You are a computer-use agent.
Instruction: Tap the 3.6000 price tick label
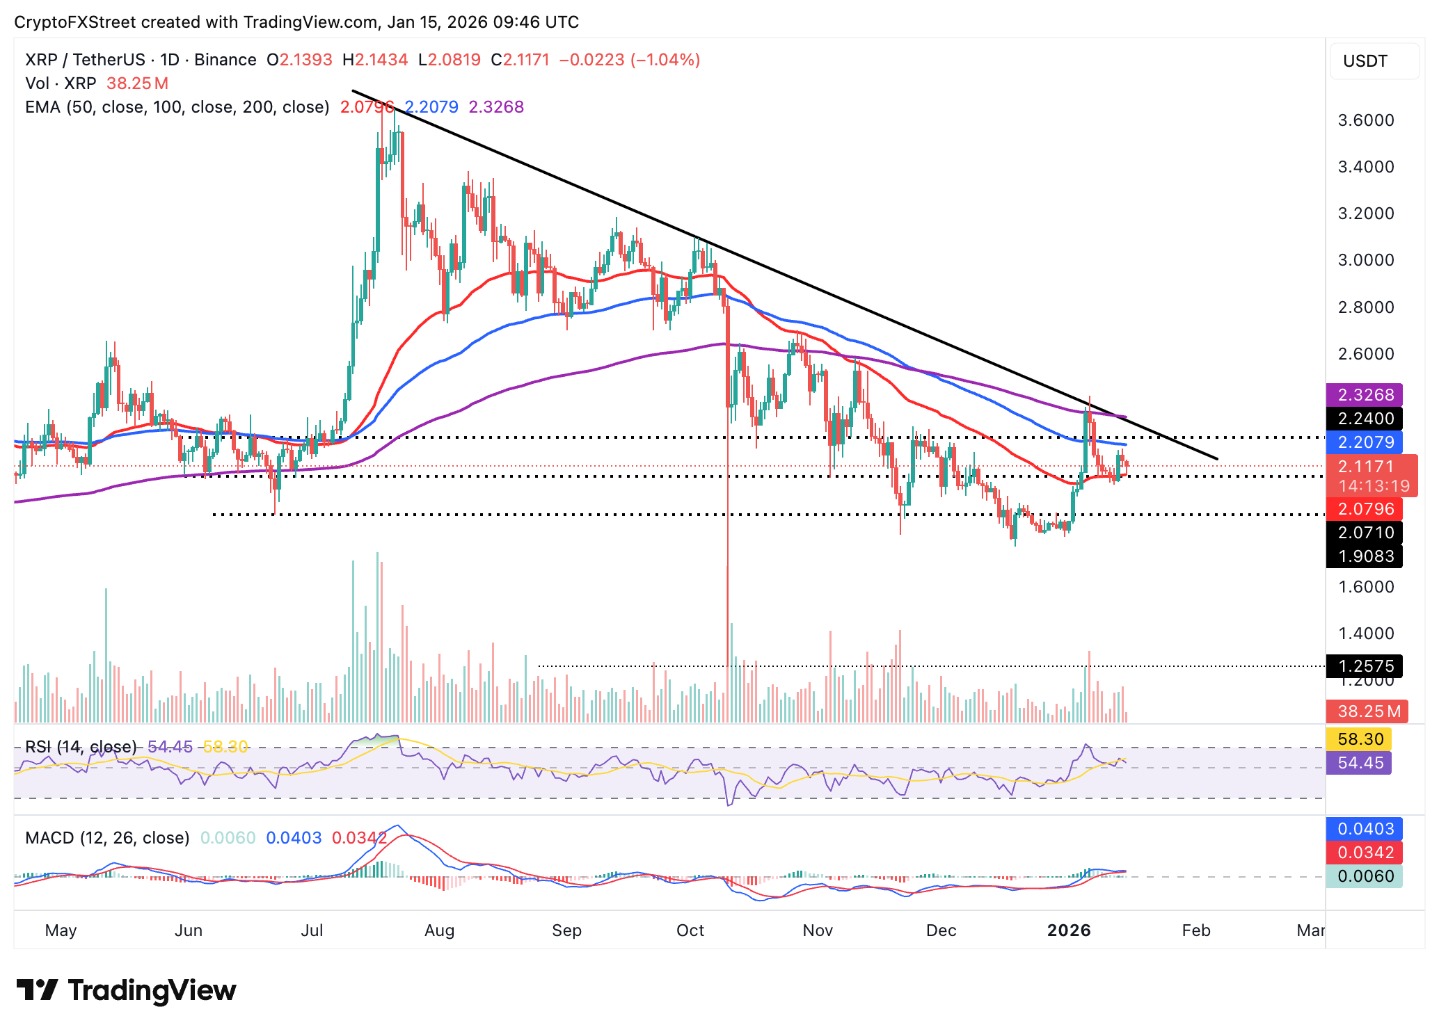[1366, 120]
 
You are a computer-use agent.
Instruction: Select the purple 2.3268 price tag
[1364, 395]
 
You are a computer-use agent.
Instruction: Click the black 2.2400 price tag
[1364, 419]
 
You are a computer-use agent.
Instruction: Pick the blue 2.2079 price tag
[1364, 442]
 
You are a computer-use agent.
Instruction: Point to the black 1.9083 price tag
[1364, 556]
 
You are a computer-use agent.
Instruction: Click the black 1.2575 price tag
[1364, 666]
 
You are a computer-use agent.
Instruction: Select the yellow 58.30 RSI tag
[1360, 739]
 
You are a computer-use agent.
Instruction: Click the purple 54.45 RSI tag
[1359, 763]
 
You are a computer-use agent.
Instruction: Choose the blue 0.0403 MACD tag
[1364, 829]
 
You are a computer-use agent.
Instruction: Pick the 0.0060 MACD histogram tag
[1364, 876]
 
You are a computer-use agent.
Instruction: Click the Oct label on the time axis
[690, 930]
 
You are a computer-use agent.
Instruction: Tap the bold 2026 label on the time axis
[1069, 930]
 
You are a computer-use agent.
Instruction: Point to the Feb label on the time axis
[1196, 930]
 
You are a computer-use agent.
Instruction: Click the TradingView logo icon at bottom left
[37, 990]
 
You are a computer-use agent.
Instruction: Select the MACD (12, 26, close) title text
[107, 838]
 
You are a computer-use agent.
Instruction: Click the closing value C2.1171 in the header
[520, 60]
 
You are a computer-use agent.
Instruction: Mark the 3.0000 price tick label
[1366, 260]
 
